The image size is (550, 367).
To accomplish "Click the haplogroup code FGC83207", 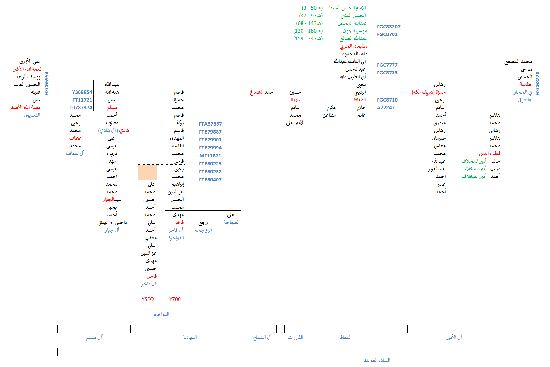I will coord(388,27).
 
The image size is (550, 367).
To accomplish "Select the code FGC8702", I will coord(387,34).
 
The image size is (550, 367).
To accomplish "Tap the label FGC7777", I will coord(387,65).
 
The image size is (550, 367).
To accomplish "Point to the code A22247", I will coord(386,108).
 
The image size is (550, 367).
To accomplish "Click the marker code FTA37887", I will coord(210,124).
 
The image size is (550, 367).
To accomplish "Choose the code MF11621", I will coord(210,156).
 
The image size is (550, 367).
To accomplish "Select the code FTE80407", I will coord(210,180).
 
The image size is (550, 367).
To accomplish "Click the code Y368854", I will coord(82,92).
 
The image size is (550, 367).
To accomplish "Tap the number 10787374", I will coord(81,108).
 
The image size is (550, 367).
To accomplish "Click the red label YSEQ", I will coord(148,299).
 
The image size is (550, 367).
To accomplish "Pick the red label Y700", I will coord(175,299).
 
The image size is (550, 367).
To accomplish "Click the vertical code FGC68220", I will coord(537,83).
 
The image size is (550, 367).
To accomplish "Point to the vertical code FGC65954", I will coord(47,83).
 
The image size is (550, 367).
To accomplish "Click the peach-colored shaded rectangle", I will coord(148,172).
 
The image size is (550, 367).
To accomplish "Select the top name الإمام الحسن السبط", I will coord(347,8).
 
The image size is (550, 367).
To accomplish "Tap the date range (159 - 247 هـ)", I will coord(308,38).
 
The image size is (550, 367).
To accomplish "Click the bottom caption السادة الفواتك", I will coord(377,360).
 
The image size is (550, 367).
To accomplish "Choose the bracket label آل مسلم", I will coord(94,337).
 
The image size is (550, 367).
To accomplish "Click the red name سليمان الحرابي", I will coord(353,46).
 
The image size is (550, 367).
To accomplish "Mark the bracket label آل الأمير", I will coord(454,337).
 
